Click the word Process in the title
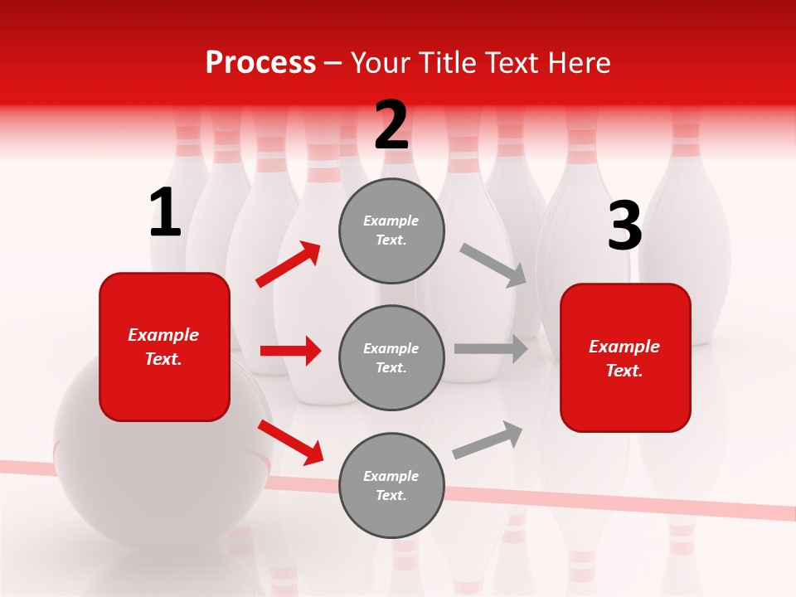pos(260,63)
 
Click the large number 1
pos(165,213)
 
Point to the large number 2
pos(391,126)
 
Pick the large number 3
pos(624,226)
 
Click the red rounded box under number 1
pos(164,347)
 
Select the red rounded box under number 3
pos(625,358)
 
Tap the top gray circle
pos(391,231)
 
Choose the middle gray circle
pos(391,358)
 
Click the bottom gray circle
pos(391,486)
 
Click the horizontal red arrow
pos(290,351)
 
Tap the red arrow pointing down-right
pos(290,442)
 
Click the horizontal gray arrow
pos(491,349)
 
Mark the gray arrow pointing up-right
pos(488,440)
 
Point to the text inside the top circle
pos(391,231)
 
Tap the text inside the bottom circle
pos(391,486)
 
